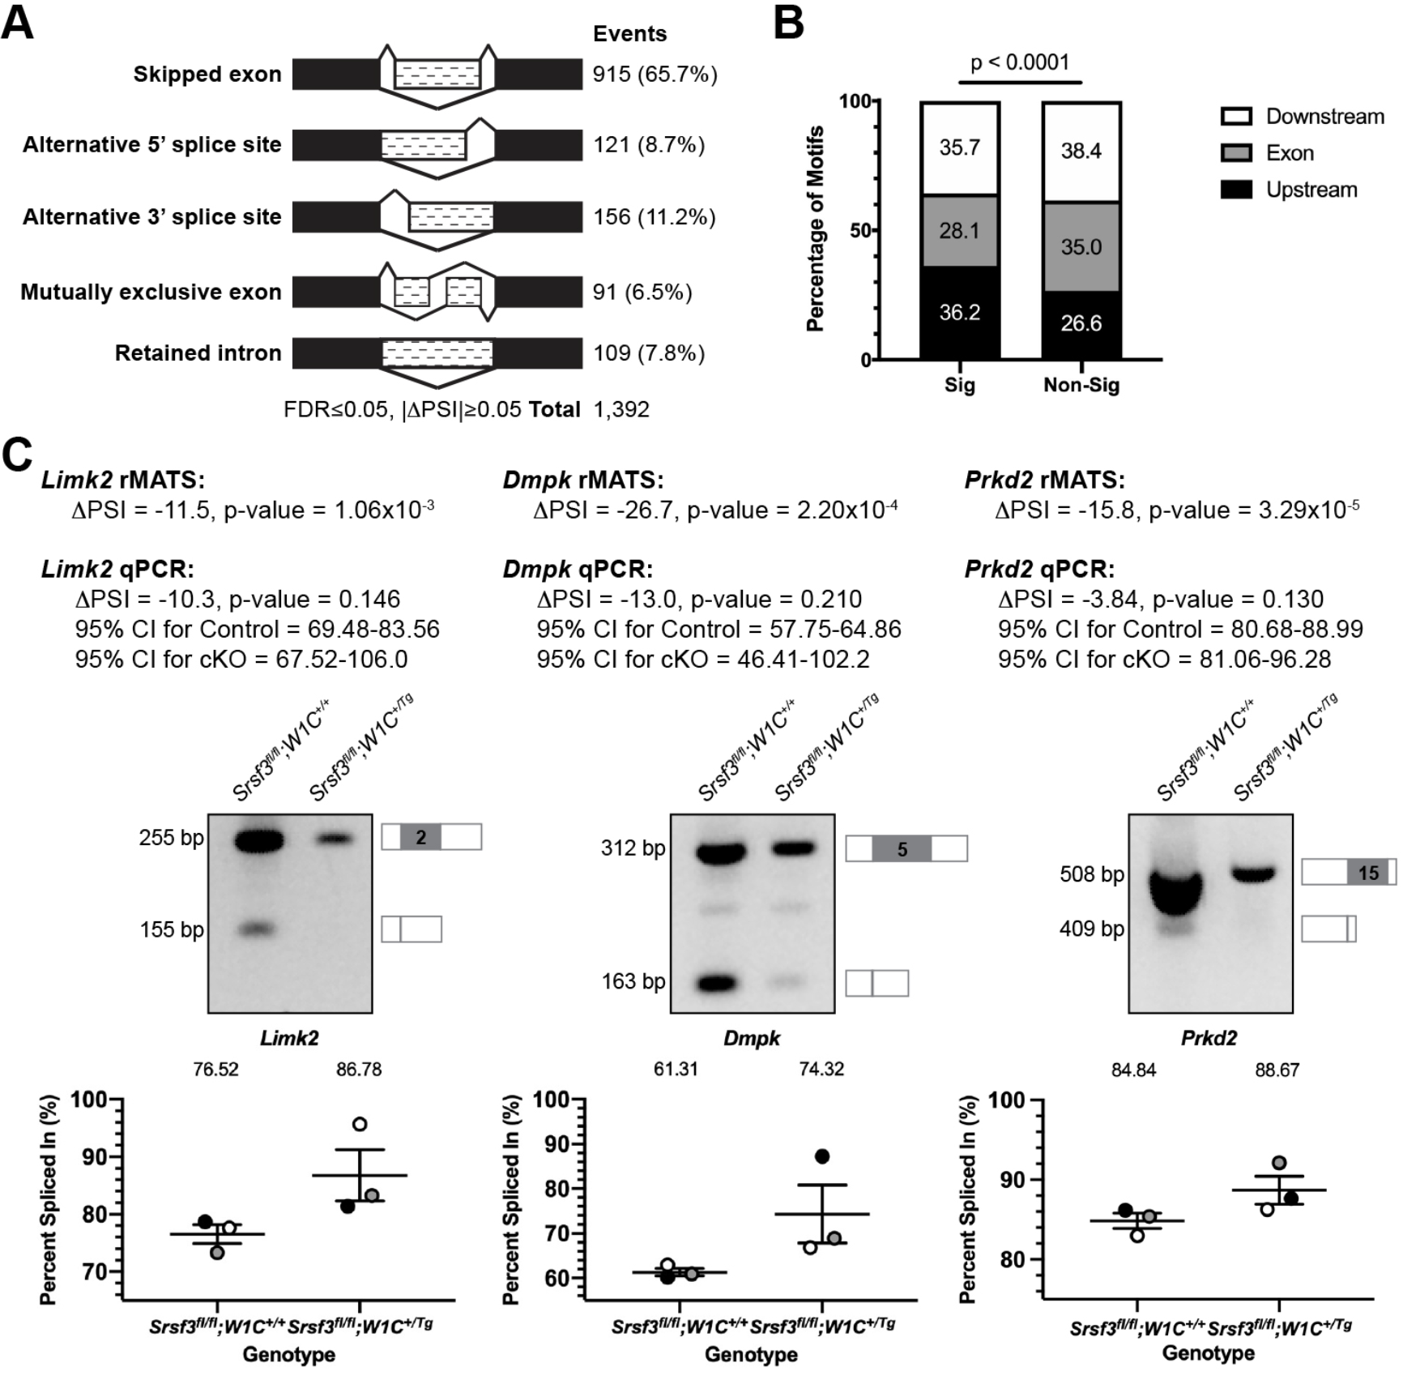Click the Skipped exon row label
(x=207, y=75)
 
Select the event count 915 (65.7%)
(x=655, y=75)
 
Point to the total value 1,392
(x=621, y=410)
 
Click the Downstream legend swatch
(x=1236, y=117)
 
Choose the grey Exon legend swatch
(x=1236, y=153)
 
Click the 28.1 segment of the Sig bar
(x=960, y=231)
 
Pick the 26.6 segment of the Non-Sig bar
(x=1081, y=324)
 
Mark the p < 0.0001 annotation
(x=1020, y=63)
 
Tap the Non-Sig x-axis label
(x=1081, y=385)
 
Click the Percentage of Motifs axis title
(x=815, y=229)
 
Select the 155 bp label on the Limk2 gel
(x=172, y=929)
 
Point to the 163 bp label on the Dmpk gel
(x=633, y=982)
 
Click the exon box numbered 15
(x=1368, y=873)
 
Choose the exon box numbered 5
(x=902, y=849)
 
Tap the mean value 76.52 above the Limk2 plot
(x=215, y=1070)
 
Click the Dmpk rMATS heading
(x=583, y=481)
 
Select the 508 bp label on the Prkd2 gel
(x=1092, y=874)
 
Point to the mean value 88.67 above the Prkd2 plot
(x=1277, y=1070)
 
